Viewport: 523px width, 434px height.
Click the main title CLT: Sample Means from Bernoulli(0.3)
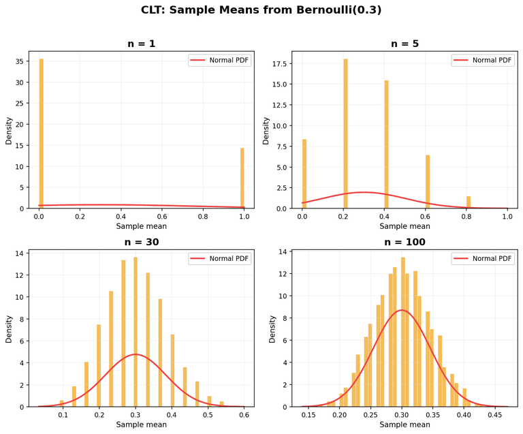261,10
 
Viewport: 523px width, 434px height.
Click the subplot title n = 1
142,44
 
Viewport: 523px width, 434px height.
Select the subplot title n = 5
405,44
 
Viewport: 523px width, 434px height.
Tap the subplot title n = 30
142,242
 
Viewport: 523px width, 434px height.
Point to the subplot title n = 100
405,242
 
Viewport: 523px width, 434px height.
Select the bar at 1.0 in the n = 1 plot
242,178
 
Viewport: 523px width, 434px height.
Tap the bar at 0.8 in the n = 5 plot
469,202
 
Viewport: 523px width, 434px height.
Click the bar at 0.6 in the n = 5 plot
428,182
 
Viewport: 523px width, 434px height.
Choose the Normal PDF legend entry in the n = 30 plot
219,258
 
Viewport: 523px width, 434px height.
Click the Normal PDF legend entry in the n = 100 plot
482,258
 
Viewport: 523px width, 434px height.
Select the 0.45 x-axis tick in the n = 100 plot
494,414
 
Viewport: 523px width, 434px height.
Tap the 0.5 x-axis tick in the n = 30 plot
208,414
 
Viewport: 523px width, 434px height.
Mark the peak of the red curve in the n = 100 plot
402,310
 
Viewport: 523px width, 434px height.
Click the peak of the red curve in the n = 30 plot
136,354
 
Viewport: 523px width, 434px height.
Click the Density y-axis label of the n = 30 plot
9,328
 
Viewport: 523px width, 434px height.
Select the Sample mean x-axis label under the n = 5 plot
405,226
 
